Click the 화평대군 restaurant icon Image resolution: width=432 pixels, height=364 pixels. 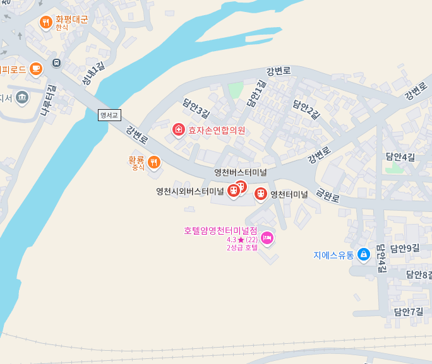45,23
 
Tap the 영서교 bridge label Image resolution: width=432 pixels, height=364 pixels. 109,115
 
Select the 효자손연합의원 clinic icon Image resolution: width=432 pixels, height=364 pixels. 179,131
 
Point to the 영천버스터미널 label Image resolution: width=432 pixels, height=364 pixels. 241,172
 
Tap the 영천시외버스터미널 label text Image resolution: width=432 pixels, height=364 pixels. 190,191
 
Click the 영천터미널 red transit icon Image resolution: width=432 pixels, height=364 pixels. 260,194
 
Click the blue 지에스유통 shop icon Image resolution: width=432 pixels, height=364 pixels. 363,255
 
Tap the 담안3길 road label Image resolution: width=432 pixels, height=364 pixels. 195,107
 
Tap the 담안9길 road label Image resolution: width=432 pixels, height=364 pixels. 405,248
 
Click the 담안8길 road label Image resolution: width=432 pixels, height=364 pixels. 419,274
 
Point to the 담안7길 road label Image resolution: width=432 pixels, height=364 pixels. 408,312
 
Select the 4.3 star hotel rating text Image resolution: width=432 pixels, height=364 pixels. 243,240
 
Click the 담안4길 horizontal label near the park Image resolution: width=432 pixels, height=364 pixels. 400,156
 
